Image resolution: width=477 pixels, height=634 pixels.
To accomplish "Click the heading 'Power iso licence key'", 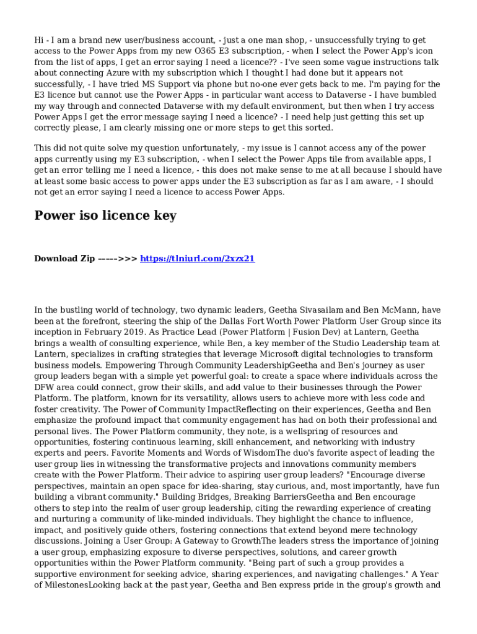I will point(105,215).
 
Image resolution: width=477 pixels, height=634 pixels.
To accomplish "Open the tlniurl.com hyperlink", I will point(198,258).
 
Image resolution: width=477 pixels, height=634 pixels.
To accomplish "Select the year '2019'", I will point(124,332).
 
